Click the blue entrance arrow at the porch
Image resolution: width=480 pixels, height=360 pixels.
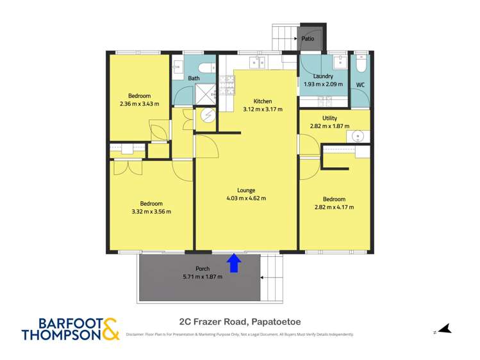(235, 263)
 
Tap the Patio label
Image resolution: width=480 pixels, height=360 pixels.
(308, 39)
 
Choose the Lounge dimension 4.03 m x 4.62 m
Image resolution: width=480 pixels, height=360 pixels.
(246, 199)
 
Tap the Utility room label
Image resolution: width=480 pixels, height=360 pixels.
(329, 118)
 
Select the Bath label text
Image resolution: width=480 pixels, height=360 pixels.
(194, 78)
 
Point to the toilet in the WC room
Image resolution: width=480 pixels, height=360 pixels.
(360, 65)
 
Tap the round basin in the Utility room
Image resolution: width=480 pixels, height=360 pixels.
(358, 136)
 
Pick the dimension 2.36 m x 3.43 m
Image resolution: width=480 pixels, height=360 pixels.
(139, 104)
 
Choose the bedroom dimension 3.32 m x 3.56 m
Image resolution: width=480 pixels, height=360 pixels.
(151, 211)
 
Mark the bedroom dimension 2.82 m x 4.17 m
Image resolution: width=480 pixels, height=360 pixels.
(334, 207)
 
